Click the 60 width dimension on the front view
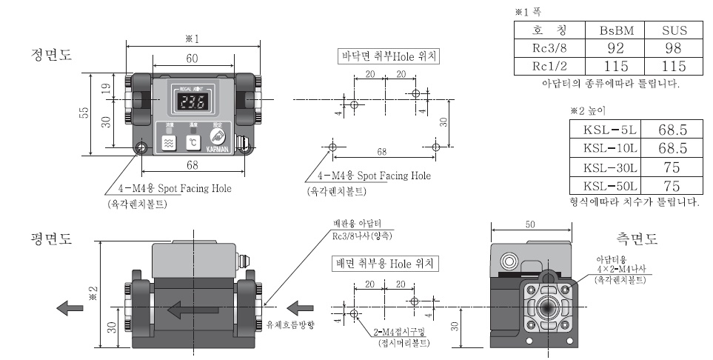coord(192,57)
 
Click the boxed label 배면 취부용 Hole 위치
coord(386,262)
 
